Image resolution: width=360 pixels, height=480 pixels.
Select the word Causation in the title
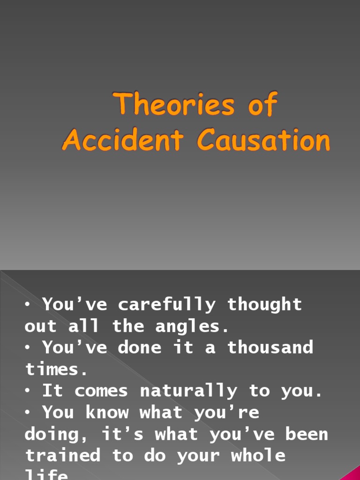[263, 140]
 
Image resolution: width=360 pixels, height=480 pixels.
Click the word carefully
[167, 305]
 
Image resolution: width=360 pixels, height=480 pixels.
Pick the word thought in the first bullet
[265, 305]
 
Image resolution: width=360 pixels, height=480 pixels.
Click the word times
[56, 369]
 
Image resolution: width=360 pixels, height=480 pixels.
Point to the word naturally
[189, 391]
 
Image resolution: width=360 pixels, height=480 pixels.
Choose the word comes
[101, 391]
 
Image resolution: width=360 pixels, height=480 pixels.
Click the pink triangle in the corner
[352, 474]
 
